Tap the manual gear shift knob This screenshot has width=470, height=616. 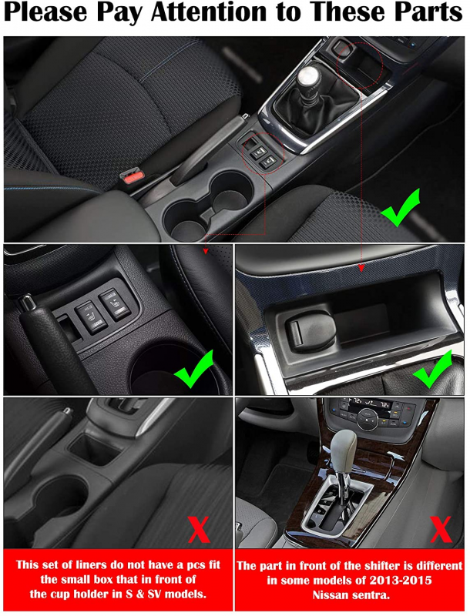pyautogui.click(x=309, y=78)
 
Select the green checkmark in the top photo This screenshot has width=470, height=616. pyautogui.click(x=400, y=208)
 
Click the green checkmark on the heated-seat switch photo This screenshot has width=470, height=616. pyautogui.click(x=194, y=369)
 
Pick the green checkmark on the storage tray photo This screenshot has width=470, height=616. pyautogui.click(x=432, y=369)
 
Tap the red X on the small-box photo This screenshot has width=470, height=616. pyautogui.click(x=199, y=529)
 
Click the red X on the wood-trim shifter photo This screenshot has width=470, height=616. pyautogui.click(x=441, y=529)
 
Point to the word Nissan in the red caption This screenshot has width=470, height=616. pyautogui.click(x=331, y=594)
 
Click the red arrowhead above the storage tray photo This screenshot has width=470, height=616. pyautogui.click(x=361, y=268)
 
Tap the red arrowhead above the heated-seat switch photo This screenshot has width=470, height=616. pyautogui.click(x=205, y=251)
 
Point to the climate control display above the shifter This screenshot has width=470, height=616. pyautogui.click(x=368, y=403)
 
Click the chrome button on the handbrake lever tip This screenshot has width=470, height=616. pyautogui.click(x=27, y=302)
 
